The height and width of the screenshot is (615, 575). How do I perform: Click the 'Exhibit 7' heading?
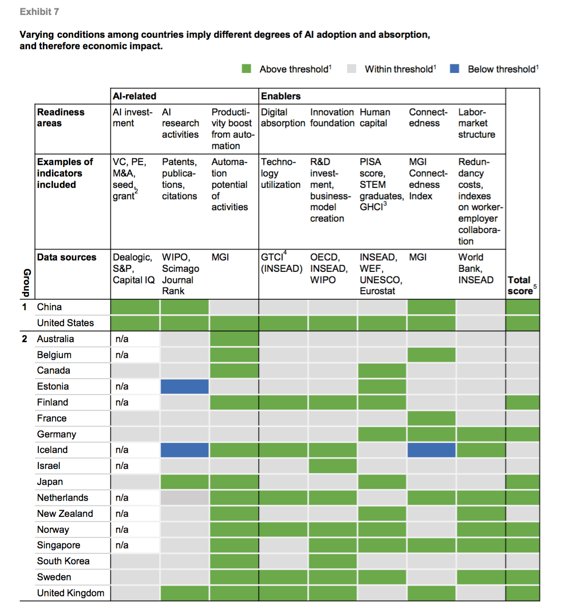pyautogui.click(x=39, y=12)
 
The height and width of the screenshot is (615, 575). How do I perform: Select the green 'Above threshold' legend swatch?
pyautogui.click(x=246, y=69)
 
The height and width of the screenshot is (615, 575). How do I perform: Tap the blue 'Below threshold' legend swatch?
pyautogui.click(x=455, y=69)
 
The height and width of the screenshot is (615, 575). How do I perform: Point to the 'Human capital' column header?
pyautogui.click(x=375, y=118)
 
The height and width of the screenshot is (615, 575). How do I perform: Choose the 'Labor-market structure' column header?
pyautogui.click(x=476, y=123)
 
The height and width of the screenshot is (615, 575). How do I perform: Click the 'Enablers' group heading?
pyautogui.click(x=281, y=96)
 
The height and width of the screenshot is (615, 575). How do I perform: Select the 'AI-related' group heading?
pyautogui.click(x=135, y=96)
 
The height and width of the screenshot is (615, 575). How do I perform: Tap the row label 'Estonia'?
pyautogui.click(x=53, y=386)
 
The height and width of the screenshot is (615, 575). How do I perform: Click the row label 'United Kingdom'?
pyautogui.click(x=71, y=593)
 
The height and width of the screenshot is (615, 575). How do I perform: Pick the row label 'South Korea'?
pyautogui.click(x=63, y=561)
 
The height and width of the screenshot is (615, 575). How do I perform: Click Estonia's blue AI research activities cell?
pyautogui.click(x=184, y=386)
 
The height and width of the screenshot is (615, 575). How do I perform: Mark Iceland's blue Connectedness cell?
pyautogui.click(x=431, y=450)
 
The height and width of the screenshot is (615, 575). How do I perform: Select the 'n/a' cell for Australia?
pyautogui.click(x=122, y=339)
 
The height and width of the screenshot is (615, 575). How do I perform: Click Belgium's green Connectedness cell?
pyautogui.click(x=431, y=355)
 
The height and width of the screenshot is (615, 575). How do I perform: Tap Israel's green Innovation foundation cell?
pyautogui.click(x=333, y=466)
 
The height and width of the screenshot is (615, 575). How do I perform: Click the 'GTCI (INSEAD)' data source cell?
pyautogui.click(x=282, y=263)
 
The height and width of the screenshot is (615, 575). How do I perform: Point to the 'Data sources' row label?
pyautogui.click(x=67, y=257)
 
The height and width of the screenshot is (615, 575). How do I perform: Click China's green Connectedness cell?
pyautogui.click(x=431, y=307)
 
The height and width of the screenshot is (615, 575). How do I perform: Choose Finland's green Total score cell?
pyautogui.click(x=523, y=402)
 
